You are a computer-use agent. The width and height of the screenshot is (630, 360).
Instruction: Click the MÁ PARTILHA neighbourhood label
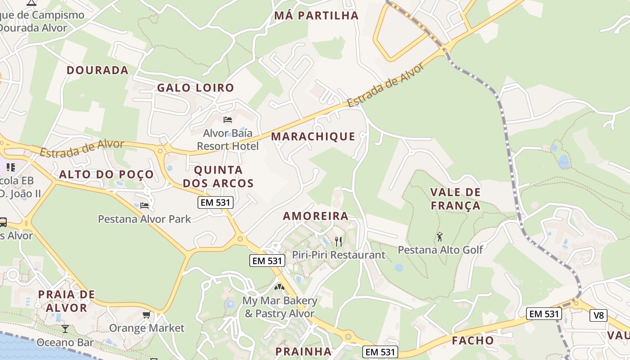coord(316,16)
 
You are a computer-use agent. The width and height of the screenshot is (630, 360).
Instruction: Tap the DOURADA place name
coord(98,70)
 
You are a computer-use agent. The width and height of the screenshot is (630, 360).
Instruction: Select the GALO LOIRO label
coord(195,88)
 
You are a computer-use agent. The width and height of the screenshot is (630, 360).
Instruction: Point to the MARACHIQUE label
coord(313,136)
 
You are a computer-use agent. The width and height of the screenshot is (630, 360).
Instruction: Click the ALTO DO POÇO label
coord(106,175)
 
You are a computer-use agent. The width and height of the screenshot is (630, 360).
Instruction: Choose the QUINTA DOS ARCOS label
coord(224,177)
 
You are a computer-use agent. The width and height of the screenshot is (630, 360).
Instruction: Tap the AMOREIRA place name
coord(315,216)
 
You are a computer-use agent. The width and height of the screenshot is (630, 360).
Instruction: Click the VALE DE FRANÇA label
coord(455,199)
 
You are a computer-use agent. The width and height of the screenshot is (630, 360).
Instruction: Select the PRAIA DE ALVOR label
coord(67,301)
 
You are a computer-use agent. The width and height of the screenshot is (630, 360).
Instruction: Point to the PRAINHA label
coord(303,351)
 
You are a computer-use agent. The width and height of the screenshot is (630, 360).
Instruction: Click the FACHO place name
coord(473,341)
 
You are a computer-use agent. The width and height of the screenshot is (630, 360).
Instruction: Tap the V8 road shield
coord(598,315)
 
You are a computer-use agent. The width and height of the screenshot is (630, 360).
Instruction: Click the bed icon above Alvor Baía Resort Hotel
coord(228,119)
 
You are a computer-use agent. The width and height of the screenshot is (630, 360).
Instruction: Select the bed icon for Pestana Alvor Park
coord(144,206)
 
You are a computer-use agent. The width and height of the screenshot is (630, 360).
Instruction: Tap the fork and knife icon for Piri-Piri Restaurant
coord(338,242)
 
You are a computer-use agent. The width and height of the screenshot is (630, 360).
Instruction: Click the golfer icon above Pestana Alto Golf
coord(440,236)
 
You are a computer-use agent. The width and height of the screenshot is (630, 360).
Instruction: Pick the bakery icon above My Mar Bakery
coord(279,287)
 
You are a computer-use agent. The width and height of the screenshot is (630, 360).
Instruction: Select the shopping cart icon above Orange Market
coord(146,315)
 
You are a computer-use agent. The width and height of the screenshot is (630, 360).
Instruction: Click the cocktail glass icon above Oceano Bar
coord(65,328)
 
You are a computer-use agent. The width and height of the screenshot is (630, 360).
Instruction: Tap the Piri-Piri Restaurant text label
coord(339,255)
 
